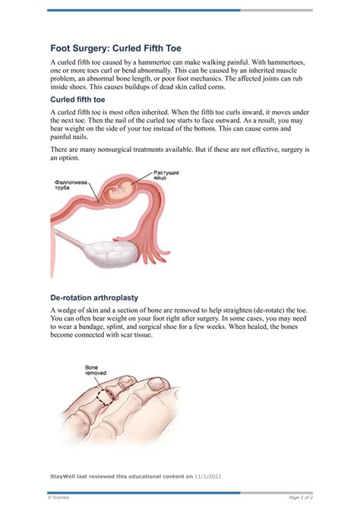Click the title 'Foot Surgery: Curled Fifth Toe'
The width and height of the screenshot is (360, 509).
coord(115,47)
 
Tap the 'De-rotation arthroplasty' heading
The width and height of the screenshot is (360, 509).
coord(93,297)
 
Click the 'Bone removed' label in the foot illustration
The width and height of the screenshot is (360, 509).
coord(96,371)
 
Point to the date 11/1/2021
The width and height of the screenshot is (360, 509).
coord(207,476)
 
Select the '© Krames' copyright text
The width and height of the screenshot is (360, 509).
coord(59,497)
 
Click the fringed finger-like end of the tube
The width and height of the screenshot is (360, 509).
coord(163,243)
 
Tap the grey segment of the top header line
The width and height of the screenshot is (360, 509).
coord(276,10)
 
